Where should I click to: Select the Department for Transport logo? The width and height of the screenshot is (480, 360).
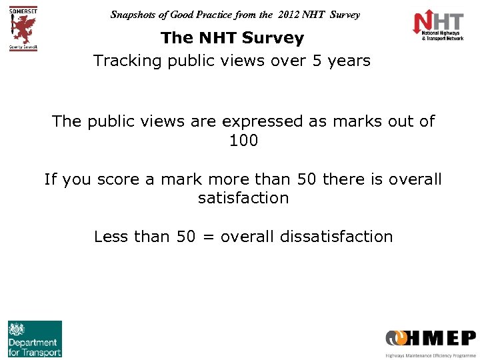pos(35,339)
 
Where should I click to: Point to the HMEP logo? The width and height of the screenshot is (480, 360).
pos(430,341)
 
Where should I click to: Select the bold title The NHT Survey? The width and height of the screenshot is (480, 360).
pos(232,38)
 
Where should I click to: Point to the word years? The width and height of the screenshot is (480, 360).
pos(349,61)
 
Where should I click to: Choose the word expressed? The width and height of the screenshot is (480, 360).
pos(263,121)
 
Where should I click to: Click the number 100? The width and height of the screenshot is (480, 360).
pos(243,141)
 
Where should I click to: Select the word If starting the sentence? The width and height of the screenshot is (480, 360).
pos(50,179)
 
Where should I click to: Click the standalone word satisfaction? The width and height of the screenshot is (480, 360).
pos(243,198)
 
